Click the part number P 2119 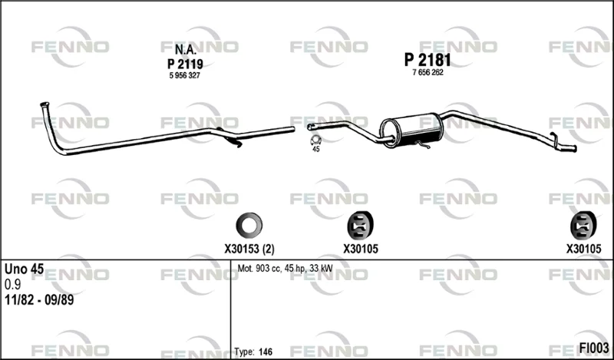[x=185, y=64]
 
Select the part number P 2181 [x=427, y=61]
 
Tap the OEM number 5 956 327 [x=184, y=75]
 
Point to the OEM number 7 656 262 [x=427, y=72]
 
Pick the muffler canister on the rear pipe [x=411, y=130]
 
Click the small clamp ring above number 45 [x=315, y=140]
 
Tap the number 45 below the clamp [x=316, y=149]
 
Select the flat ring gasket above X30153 [x=249, y=225]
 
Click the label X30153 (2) [x=249, y=249]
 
